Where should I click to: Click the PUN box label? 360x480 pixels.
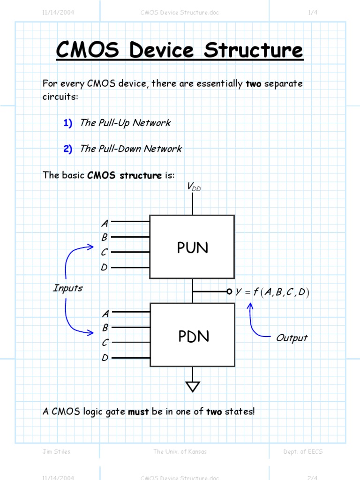coord(192,248)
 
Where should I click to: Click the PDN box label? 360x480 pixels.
coord(194,336)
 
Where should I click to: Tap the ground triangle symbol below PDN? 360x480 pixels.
coord(193,386)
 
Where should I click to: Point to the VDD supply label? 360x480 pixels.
coord(194,187)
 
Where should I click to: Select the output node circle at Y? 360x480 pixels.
coord(229,292)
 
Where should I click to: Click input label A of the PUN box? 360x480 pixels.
coord(105,224)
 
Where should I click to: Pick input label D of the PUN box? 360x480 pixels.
coord(105,267)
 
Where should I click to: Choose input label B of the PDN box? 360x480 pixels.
coord(105,327)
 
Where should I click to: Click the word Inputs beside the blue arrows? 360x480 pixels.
coord(67,288)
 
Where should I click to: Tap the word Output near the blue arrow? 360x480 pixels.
coord(292,338)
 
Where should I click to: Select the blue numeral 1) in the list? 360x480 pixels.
coord(68,123)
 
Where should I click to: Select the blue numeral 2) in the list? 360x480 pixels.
coord(68,149)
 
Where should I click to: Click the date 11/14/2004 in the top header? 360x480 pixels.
coord(58,13)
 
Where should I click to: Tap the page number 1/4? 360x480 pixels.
coord(313,13)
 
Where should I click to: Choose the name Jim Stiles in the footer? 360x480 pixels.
coord(56,451)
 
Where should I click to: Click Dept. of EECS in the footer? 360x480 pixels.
coord(303,451)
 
